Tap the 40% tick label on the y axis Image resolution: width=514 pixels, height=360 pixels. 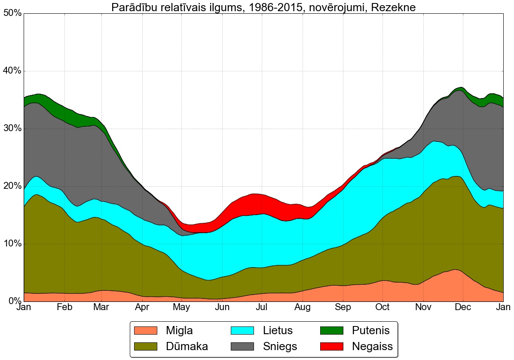[12, 71]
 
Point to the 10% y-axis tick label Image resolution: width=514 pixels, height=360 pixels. [12, 244]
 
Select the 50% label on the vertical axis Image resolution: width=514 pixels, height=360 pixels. [12, 13]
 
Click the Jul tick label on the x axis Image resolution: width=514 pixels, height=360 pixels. [262, 308]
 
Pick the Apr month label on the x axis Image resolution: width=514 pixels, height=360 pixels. [142, 308]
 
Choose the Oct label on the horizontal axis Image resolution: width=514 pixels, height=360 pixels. [382, 308]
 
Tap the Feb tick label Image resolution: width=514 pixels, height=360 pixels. [64, 308]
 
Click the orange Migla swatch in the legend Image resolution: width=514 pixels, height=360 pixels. [146, 331]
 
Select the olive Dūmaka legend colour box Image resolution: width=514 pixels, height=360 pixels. [146, 346]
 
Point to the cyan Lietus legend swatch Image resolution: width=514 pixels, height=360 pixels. [243, 331]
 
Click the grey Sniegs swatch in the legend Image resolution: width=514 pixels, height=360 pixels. [243, 346]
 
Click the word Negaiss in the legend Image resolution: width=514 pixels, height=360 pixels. [372, 346]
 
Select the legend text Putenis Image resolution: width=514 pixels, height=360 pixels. [370, 331]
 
